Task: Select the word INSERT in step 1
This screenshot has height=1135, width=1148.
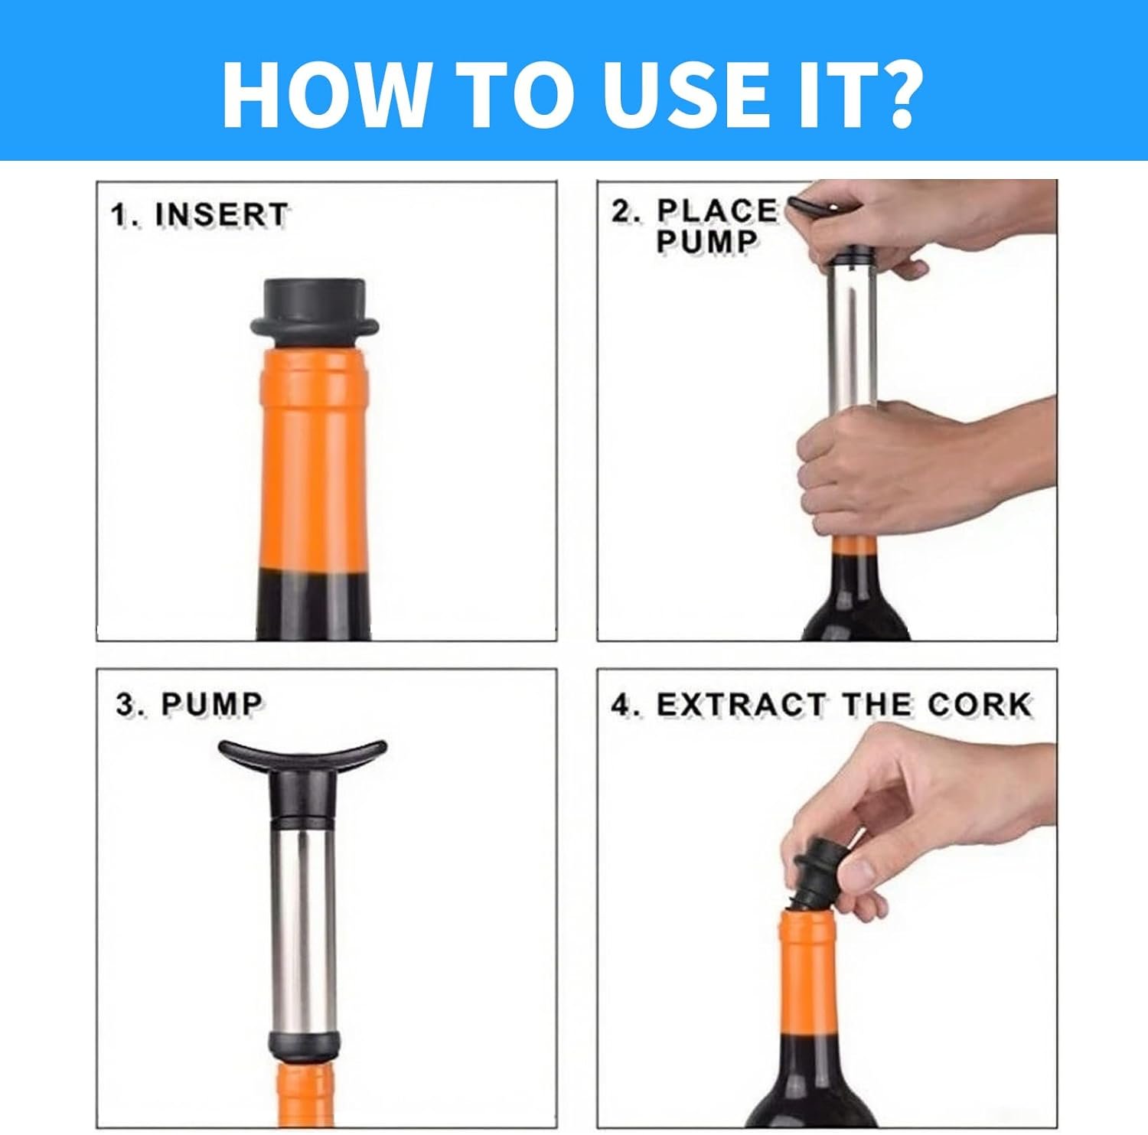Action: (221, 215)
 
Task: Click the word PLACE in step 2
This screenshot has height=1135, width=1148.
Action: (717, 210)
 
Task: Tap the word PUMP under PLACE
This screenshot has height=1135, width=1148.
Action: (706, 241)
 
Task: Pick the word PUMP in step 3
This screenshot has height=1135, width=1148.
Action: (212, 704)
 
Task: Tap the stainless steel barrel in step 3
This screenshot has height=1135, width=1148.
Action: (303, 926)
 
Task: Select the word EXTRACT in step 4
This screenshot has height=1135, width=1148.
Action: (741, 704)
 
